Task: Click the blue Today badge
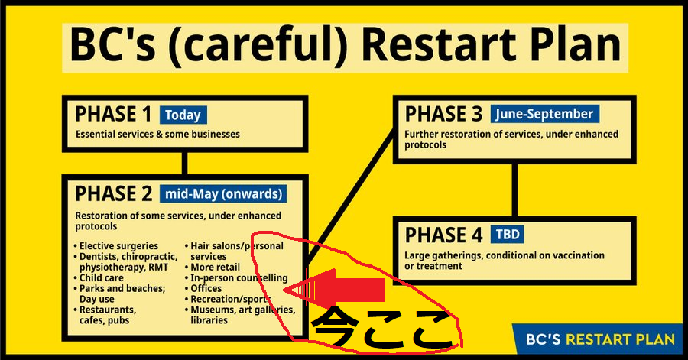[x=183, y=115]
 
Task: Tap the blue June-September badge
[x=544, y=114]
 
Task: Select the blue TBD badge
[x=508, y=235]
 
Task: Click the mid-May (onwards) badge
[x=223, y=194]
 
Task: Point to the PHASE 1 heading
[x=113, y=115]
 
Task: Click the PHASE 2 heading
[x=114, y=194]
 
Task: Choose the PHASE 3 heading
[x=443, y=114]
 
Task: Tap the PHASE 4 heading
[x=443, y=235]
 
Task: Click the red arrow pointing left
[x=334, y=290]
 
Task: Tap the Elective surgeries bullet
[x=116, y=246]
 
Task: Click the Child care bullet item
[x=99, y=278]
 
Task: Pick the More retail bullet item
[x=213, y=268]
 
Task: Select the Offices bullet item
[x=203, y=288]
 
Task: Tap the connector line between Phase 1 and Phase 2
[x=184, y=164]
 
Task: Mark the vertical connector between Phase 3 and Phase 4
[x=514, y=190]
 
